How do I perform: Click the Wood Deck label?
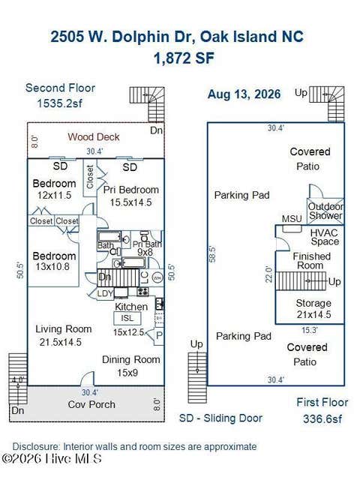93,136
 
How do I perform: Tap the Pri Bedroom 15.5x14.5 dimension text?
130,202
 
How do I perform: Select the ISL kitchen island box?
127,318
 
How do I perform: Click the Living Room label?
63,329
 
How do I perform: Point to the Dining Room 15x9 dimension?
127,373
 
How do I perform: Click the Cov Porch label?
91,404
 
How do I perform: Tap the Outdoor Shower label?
325,211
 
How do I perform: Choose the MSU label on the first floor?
292,218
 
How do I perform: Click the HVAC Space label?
325,237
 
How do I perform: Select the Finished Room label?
312,260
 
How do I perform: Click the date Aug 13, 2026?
244,94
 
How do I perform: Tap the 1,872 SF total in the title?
184,58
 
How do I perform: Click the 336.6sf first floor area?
322,418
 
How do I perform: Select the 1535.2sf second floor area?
60,103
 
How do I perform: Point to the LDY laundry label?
105,294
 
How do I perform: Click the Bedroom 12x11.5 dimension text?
54,195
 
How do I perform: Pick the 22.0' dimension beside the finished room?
268,274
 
